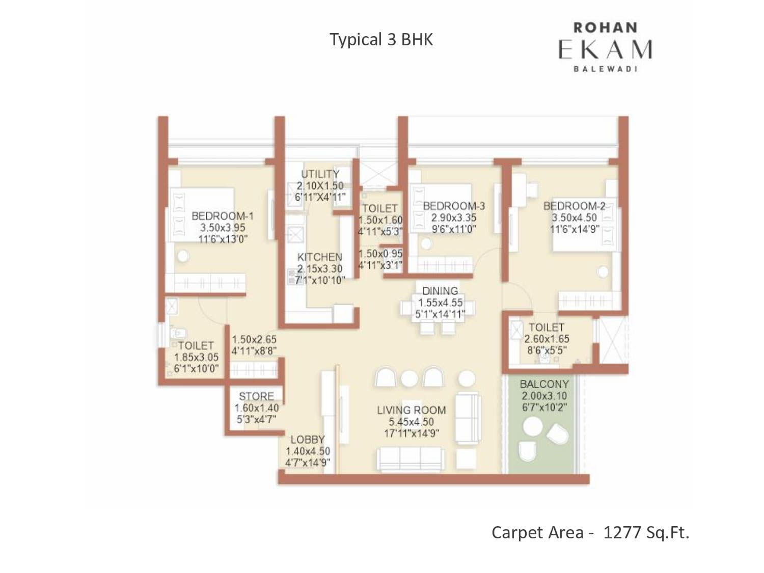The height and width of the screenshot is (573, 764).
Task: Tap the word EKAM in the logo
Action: pyautogui.click(x=605, y=49)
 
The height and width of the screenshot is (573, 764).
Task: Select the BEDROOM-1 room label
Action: pyautogui.click(x=223, y=216)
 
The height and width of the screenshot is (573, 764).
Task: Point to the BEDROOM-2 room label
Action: pyautogui.click(x=575, y=206)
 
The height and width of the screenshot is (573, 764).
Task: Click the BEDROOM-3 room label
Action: pyautogui.click(x=454, y=206)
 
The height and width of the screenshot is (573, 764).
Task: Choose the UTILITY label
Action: pyautogui.click(x=320, y=174)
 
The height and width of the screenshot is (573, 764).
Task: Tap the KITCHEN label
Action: pyautogui.click(x=319, y=257)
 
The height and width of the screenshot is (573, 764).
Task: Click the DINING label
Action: pyautogui.click(x=440, y=291)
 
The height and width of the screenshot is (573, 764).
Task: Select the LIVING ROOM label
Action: pyautogui.click(x=412, y=410)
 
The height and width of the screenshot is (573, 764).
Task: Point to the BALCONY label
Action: pyautogui.click(x=544, y=384)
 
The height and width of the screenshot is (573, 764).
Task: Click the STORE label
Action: pyautogui.click(x=257, y=396)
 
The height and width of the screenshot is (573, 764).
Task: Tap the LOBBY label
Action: pyautogui.click(x=308, y=440)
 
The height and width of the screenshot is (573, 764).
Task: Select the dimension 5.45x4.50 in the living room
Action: pyautogui.click(x=412, y=422)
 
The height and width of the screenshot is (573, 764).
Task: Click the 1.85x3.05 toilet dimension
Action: pyautogui.click(x=196, y=358)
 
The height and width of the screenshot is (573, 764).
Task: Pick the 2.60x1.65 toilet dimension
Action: pyautogui.click(x=547, y=339)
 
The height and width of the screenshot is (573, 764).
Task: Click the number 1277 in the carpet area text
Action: pyautogui.click(x=622, y=533)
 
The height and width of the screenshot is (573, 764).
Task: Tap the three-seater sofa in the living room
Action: pyautogui.click(x=411, y=459)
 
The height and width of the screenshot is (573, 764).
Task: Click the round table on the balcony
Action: pyautogui.click(x=533, y=426)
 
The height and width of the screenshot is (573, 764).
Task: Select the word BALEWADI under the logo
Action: pyautogui.click(x=605, y=69)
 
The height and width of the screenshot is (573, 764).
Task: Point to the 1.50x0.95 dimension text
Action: pyautogui.click(x=380, y=254)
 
